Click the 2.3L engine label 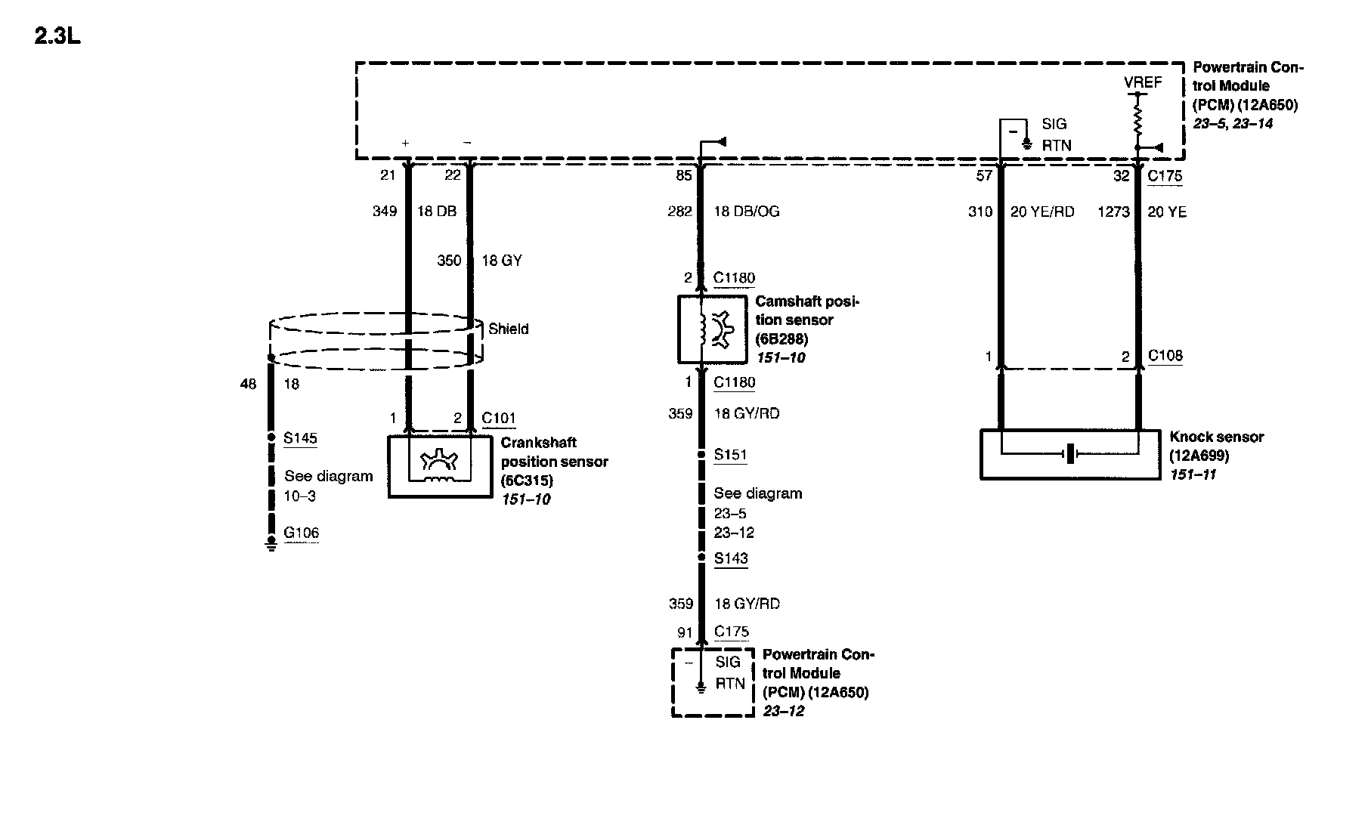(x=57, y=36)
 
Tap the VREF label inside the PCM (x=1142, y=82)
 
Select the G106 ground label (x=301, y=533)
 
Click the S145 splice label (x=300, y=438)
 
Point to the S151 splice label (x=730, y=455)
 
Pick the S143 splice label (x=730, y=558)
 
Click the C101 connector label (x=499, y=419)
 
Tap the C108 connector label (x=1165, y=355)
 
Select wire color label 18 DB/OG (x=746, y=212)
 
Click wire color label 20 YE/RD (x=1042, y=212)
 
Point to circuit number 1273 (x=1113, y=212)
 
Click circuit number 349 (x=385, y=212)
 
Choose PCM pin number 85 (x=684, y=176)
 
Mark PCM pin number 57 (x=984, y=176)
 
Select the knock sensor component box (x=1069, y=454)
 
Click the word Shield (x=508, y=329)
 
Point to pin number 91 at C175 (x=685, y=632)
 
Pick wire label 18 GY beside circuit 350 (x=502, y=261)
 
